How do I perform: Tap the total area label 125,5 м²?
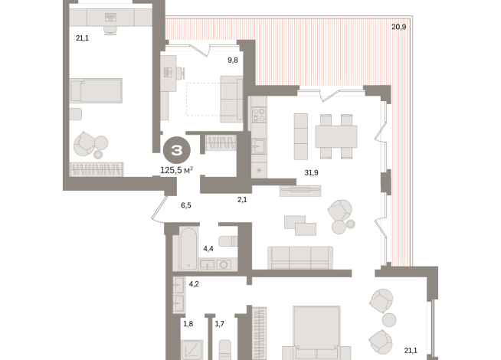[x=177, y=169]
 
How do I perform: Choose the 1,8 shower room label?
[x=188, y=324]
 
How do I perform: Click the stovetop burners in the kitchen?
[x=259, y=115]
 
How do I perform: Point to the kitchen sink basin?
[x=259, y=146]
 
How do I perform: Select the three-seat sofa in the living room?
[x=300, y=257]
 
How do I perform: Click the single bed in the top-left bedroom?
[x=97, y=91]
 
